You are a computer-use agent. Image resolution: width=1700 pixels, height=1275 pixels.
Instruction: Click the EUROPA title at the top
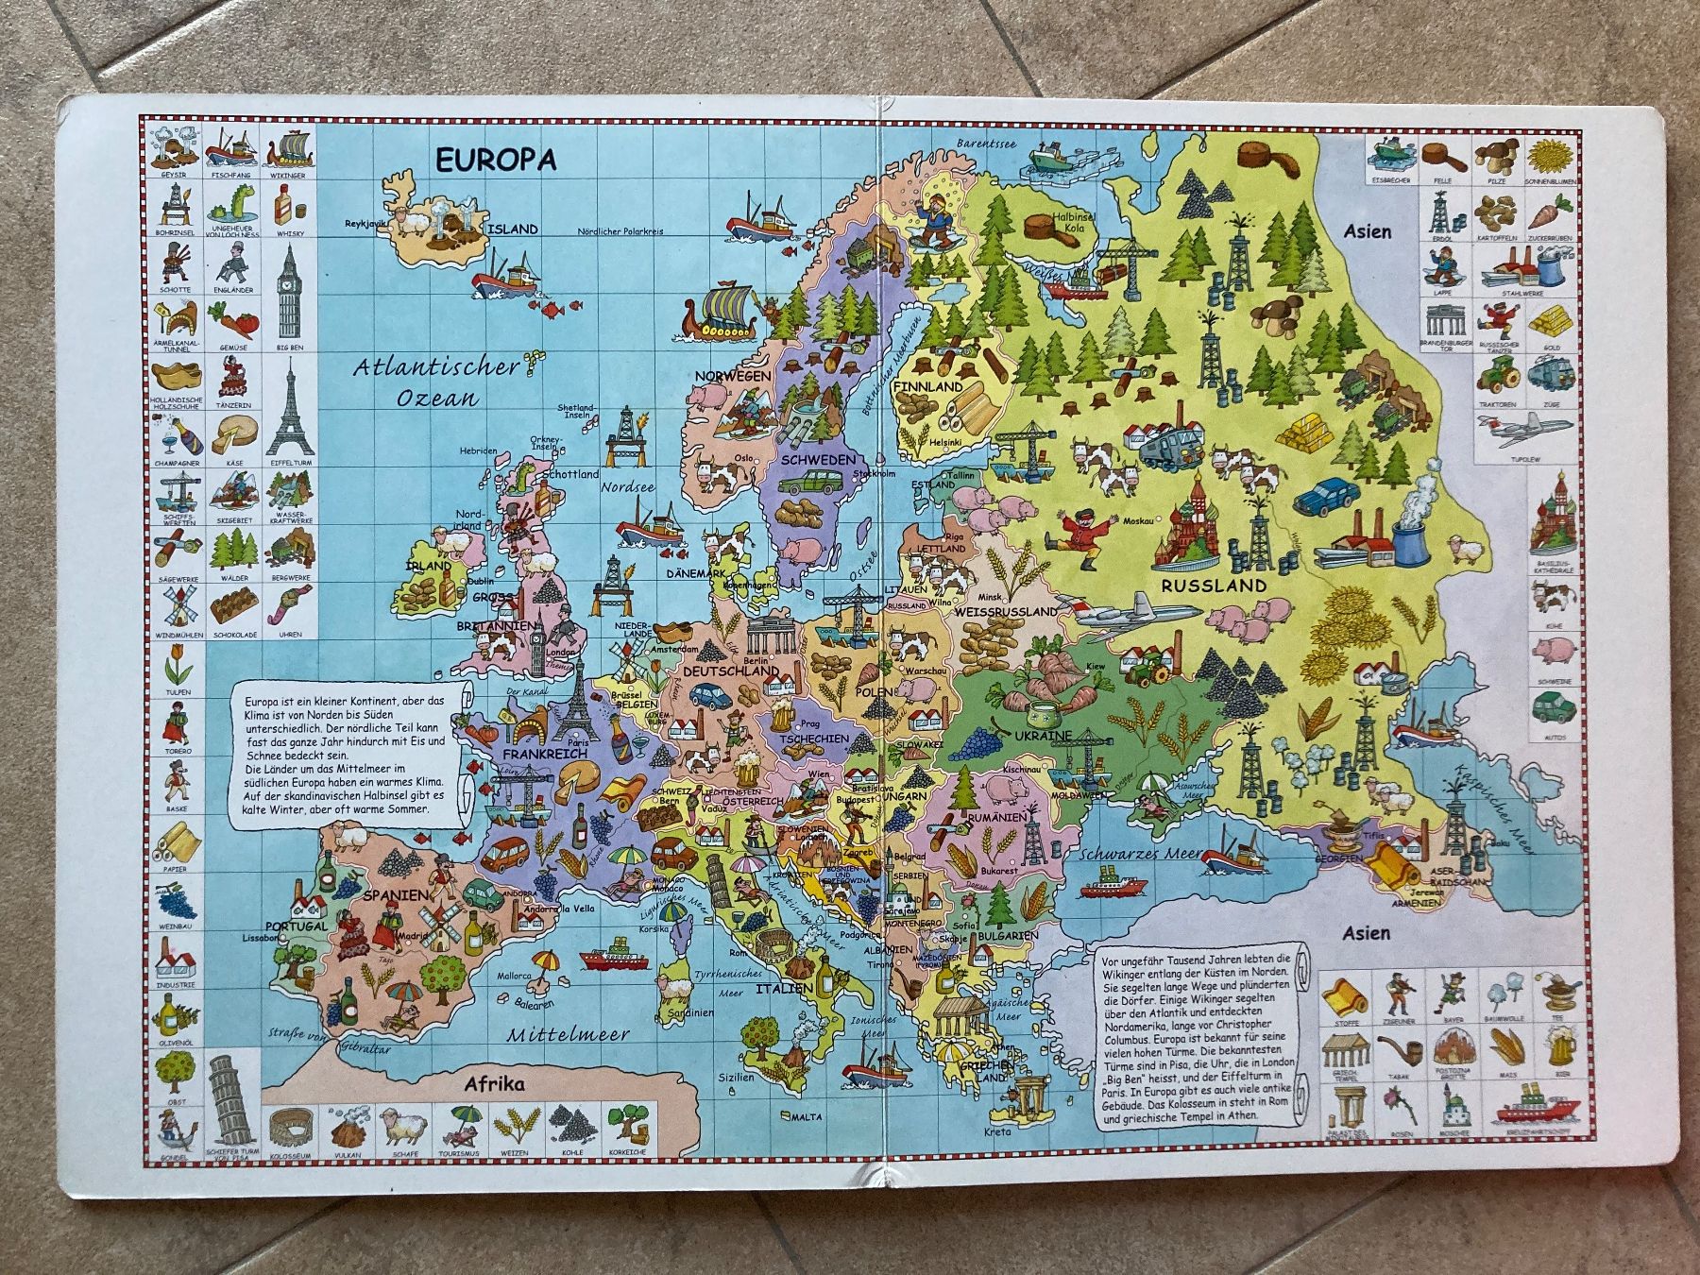pos(495,160)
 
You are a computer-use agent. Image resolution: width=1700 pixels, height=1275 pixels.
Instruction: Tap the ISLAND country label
pos(512,229)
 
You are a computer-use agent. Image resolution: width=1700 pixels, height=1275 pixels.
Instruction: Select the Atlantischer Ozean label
pos(437,382)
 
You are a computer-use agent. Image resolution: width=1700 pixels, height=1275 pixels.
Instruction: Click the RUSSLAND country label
pos(1213,586)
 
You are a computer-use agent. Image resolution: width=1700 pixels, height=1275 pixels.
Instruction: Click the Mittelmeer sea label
pos(567,1033)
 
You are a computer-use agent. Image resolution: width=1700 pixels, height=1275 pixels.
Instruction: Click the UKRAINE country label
pos(1043,735)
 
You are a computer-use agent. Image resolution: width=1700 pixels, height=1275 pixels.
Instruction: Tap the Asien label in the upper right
pos(1368,229)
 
